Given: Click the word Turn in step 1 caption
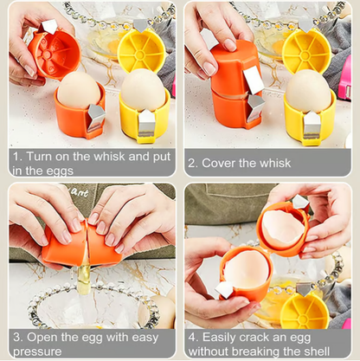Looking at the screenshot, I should tap(42, 157).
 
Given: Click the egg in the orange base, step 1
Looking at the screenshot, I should tap(79, 91).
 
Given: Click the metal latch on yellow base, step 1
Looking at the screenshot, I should tap(147, 123).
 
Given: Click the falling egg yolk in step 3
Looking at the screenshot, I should tap(86, 278).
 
